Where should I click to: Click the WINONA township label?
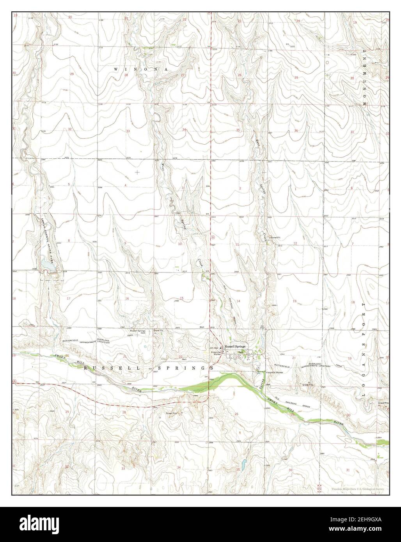(141, 69)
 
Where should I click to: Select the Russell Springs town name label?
(235, 346)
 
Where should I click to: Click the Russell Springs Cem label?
(138, 332)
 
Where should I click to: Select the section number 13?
(295, 301)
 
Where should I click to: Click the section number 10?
(180, 244)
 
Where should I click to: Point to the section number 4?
(126, 184)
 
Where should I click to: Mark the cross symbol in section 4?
(137, 172)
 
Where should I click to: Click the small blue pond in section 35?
(244, 465)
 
